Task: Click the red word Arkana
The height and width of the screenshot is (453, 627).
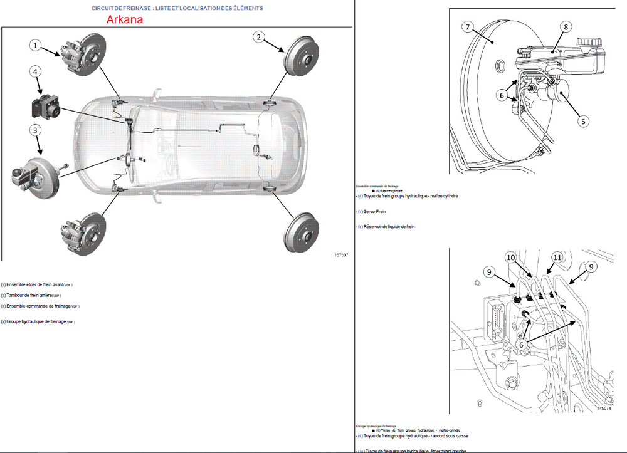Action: point(125,19)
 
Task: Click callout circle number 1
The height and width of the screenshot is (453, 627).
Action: point(36,45)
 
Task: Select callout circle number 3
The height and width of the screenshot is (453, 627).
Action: point(36,130)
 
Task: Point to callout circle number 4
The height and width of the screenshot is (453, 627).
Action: point(36,72)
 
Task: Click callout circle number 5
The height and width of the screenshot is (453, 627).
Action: point(583,122)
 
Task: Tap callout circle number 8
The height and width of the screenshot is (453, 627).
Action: point(566,27)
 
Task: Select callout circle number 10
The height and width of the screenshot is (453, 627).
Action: point(511,258)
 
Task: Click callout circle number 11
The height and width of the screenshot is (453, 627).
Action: point(557,258)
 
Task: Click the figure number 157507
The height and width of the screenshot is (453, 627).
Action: point(341,255)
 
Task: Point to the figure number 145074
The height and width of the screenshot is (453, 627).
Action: point(604,409)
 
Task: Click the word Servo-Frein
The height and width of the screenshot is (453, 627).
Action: point(375,211)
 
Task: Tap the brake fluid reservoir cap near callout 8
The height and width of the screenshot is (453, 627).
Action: point(589,44)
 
